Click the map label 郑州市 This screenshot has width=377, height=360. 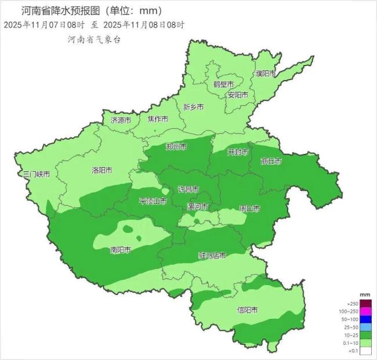pyautogui.click(x=176, y=147)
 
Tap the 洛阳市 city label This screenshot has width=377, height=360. pyautogui.click(x=103, y=171)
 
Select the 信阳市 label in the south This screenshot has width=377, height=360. pyautogui.click(x=249, y=309)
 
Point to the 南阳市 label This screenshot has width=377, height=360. pyautogui.click(x=120, y=250)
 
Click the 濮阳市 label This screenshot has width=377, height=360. pyautogui.click(x=266, y=74)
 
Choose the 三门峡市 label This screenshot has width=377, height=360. pyautogui.click(x=36, y=174)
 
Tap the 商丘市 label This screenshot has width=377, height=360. pyautogui.click(x=271, y=161)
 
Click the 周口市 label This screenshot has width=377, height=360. pyautogui.click(x=249, y=208)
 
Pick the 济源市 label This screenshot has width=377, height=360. pyautogui.click(x=121, y=120)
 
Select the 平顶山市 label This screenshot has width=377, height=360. pyautogui.click(x=153, y=201)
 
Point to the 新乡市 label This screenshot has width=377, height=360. pyautogui.click(x=193, y=107)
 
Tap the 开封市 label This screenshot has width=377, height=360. pyautogui.click(x=237, y=152)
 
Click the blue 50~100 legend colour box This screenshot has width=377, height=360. pyautogui.click(x=365, y=319)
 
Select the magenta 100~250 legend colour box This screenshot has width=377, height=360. pyautogui.click(x=365, y=311)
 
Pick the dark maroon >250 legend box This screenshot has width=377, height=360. pyautogui.click(x=365, y=303)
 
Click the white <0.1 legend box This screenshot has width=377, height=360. pyautogui.click(x=365, y=351)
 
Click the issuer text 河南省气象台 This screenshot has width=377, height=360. pyautogui.click(x=94, y=39)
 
